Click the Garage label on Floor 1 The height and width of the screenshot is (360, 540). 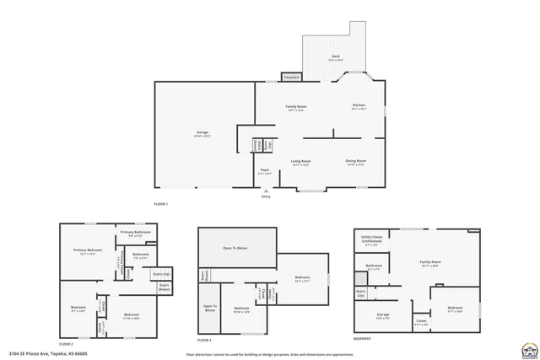point(202,133)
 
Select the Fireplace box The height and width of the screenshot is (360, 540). point(290,77)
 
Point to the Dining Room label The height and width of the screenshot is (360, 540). point(355,161)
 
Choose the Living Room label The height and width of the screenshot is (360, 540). point(301,161)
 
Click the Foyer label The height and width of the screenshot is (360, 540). point(265,171)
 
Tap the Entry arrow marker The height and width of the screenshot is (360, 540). point(266,191)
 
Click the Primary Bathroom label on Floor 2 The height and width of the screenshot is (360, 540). point(135,233)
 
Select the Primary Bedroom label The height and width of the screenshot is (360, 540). point(88,250)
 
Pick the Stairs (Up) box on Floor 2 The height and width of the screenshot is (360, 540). point(161,274)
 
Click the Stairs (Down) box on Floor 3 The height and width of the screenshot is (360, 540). point(205,275)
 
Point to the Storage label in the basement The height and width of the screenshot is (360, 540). point(382,316)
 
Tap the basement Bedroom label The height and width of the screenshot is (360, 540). point(455,308)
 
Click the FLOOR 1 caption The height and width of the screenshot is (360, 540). point(161,205)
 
